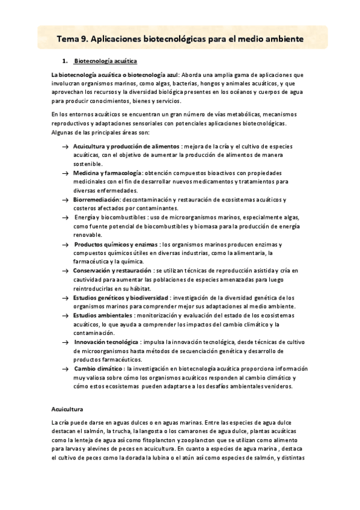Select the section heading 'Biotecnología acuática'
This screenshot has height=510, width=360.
[105, 61]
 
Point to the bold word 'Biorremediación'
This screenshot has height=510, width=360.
[97, 199]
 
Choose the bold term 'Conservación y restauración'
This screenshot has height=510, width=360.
[112, 271]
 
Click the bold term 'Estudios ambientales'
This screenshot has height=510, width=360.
[103, 315]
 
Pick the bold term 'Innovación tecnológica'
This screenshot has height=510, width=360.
[106, 342]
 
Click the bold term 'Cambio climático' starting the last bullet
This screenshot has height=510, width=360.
[98, 368]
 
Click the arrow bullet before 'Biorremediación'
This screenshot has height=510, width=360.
[64, 199]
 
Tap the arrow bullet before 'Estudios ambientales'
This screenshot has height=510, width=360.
[64, 315]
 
